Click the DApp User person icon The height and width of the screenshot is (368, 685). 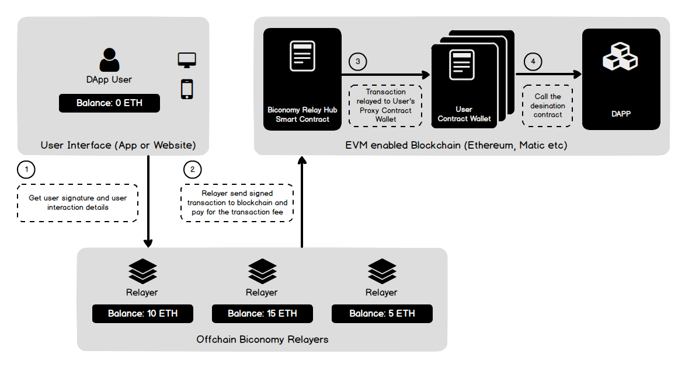pos(109,60)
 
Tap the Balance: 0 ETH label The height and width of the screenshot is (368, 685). pos(109,103)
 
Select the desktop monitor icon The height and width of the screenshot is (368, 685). pos(187,59)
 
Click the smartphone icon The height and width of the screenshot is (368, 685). pos(187,89)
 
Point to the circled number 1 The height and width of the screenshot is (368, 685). pos(26,170)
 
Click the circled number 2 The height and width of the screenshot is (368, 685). pos(192,170)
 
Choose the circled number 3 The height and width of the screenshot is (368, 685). pos(358,61)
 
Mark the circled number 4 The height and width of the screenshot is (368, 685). pos(533,61)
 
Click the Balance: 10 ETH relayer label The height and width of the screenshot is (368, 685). pos(142,313)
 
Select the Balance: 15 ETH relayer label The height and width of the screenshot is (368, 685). pos(262,313)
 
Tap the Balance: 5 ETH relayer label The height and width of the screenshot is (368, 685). pos(382,313)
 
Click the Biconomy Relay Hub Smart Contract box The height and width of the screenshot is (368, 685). pos(302,79)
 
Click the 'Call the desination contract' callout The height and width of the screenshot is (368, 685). pos(547,106)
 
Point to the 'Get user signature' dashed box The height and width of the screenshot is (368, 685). pos(78,202)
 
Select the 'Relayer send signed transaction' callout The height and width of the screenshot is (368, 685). pos(237,202)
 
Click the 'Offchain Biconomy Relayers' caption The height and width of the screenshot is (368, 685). pos(262,339)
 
